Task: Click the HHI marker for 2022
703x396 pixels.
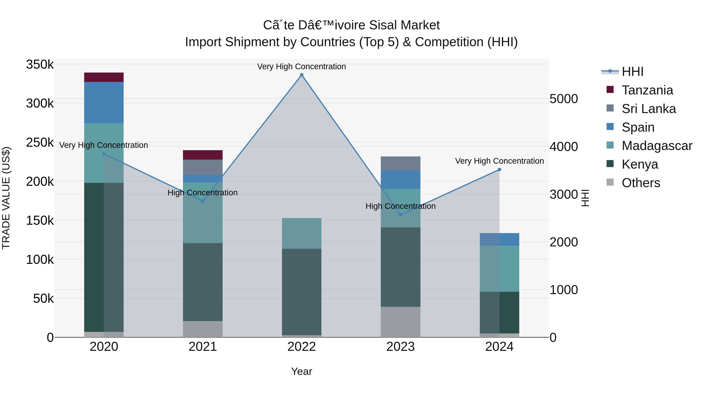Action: pos(302,75)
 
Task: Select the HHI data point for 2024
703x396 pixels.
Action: pos(499,169)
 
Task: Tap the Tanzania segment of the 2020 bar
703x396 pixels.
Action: pos(104,77)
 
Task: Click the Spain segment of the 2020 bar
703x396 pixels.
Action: pos(104,102)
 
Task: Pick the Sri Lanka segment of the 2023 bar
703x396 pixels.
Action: pos(400,163)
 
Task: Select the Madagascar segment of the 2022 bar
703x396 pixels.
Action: pos(302,233)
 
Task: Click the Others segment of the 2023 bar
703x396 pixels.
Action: pos(400,322)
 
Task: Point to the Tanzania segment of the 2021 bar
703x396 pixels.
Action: pos(203,155)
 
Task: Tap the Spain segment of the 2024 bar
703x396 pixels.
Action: pos(499,239)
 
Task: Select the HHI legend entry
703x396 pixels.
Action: pos(632,72)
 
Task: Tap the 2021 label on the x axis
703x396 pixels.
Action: pos(203,347)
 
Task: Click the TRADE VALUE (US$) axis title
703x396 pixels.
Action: pos(6,198)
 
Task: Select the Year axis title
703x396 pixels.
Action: pos(302,371)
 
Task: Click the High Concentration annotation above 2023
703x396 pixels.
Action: pos(400,206)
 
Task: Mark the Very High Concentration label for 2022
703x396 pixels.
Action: pos(302,66)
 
